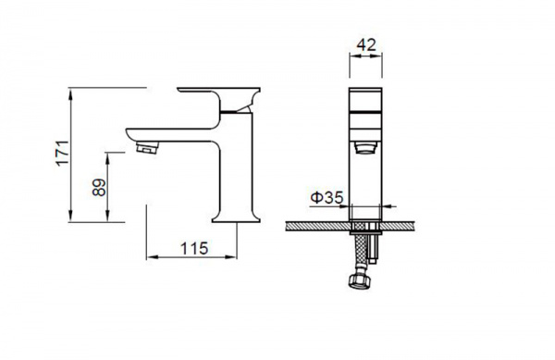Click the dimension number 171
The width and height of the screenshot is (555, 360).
[63, 153]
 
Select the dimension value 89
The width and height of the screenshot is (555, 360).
[99, 187]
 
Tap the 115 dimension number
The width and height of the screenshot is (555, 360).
[194, 249]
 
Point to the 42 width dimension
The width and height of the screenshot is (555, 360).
[366, 45]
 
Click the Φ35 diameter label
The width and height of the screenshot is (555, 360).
[327, 197]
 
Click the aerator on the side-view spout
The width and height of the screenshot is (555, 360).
[147, 147]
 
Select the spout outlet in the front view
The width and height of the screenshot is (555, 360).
[365, 147]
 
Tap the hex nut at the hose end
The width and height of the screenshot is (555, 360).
[360, 281]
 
